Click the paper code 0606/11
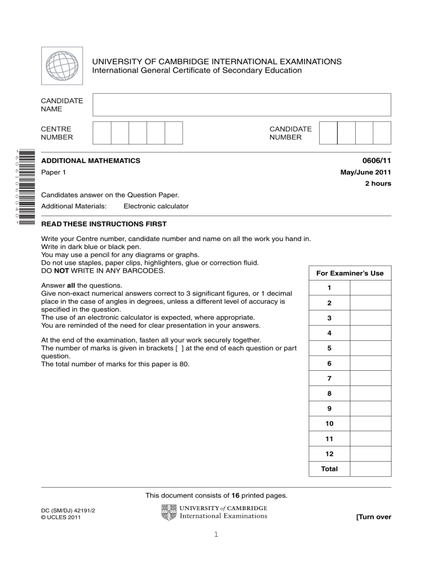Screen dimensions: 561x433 [x=376, y=161]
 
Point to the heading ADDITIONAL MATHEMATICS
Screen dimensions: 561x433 [x=91, y=161]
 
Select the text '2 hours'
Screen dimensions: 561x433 [x=378, y=183]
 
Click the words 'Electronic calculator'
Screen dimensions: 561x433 [x=156, y=206]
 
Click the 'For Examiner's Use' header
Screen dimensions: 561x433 [x=350, y=273]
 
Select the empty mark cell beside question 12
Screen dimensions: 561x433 [x=370, y=453]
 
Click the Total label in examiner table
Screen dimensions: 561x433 [x=329, y=468]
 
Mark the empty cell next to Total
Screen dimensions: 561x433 [x=370, y=468]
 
